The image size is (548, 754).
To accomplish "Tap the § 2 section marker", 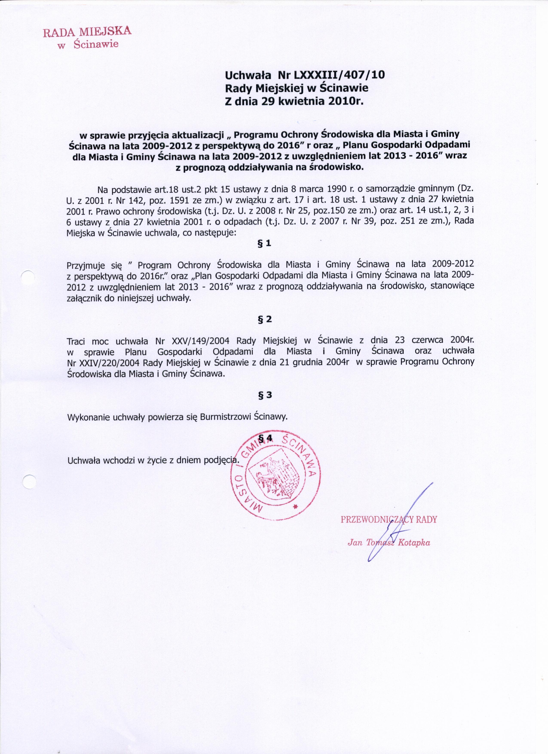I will (265, 319).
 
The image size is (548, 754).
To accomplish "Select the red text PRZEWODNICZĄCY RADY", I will (389, 519).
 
